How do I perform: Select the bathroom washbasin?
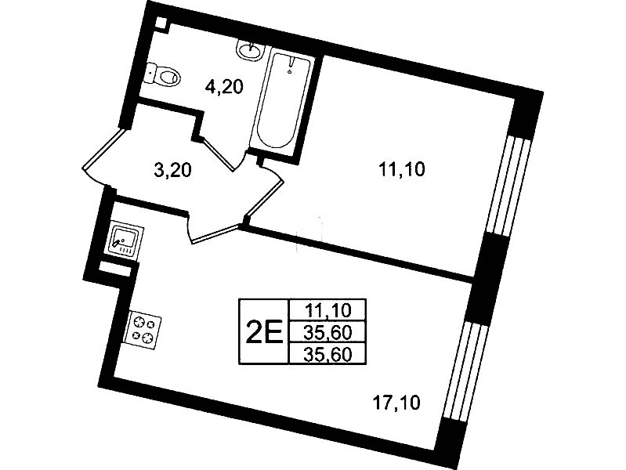pyautogui.click(x=250, y=50)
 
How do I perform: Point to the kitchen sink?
pyautogui.click(x=125, y=240)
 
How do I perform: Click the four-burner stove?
pyautogui.click(x=143, y=331)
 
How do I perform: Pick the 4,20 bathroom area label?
pyautogui.click(x=224, y=86)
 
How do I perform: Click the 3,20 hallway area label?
pyautogui.click(x=172, y=170)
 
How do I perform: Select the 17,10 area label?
pyautogui.click(x=396, y=403)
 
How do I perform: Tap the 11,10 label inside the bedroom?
pyautogui.click(x=402, y=170)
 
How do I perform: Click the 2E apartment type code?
pyautogui.click(x=264, y=332)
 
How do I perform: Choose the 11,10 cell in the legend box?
pyautogui.click(x=327, y=309)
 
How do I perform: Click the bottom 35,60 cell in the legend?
pyautogui.click(x=327, y=353)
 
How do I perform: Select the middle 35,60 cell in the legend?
pyautogui.click(x=327, y=331)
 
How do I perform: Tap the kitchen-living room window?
pyautogui.click(x=465, y=371)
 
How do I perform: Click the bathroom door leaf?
pyautogui.click(x=218, y=154)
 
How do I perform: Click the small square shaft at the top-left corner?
pyautogui.click(x=161, y=23)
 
